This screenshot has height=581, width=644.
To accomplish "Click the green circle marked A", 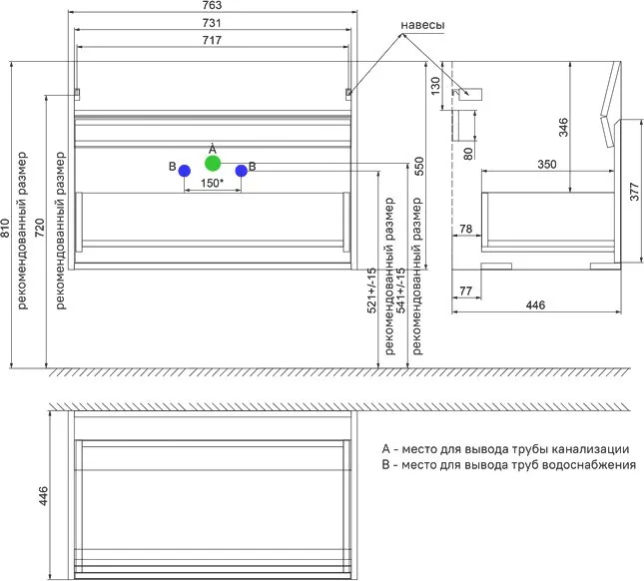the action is tap(213, 164).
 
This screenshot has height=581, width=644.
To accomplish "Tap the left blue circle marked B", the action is tap(185, 171).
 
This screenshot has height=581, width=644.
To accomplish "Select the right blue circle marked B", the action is tap(241, 171).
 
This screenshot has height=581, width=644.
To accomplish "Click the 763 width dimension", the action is tap(212, 5).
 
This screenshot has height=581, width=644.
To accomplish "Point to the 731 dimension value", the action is tap(212, 23).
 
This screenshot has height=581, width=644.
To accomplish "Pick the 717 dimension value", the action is tap(212, 40).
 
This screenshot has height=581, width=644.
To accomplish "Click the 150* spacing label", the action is tap(212, 183).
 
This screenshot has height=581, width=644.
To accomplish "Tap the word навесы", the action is tap(422, 25).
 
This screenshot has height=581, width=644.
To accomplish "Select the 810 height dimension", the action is tap(5, 228).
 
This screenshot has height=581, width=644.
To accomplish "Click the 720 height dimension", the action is tap(39, 228).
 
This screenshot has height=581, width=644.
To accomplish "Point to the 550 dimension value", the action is tap(418, 166).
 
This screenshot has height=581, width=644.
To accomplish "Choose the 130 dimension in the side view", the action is tap(435, 86).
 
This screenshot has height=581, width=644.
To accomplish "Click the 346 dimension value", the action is tap(563, 128).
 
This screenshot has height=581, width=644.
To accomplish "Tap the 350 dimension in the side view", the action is tap(547, 165).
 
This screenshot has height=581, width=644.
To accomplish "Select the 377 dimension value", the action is tap(635, 192).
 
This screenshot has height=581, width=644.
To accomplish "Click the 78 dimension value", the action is tap(465, 229).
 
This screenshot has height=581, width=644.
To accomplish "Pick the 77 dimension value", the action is tap(465, 291).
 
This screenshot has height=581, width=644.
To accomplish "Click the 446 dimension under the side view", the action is tap(535, 305).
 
